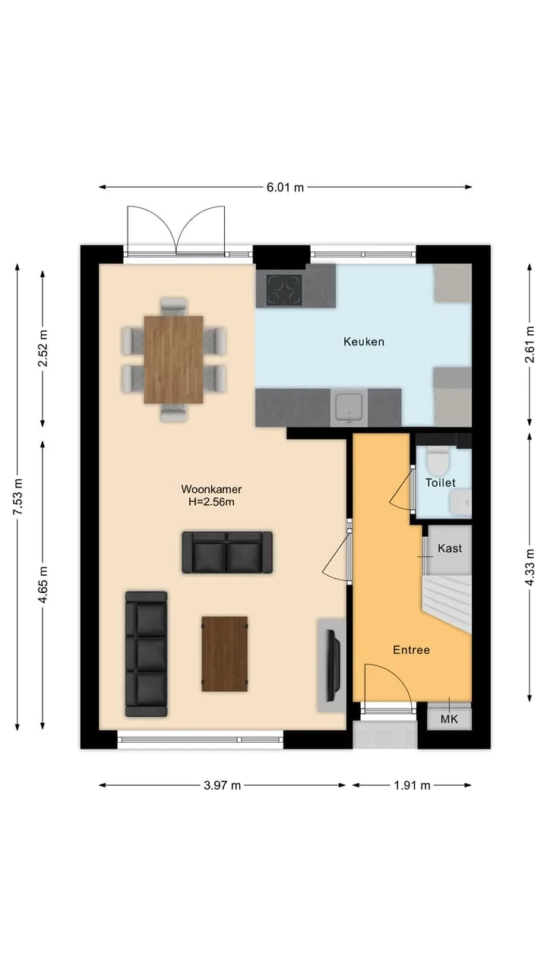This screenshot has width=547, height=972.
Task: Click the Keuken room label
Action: tap(364, 342)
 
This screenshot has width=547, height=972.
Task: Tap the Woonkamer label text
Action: tap(211, 489)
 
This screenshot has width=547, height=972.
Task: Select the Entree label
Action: tap(411, 649)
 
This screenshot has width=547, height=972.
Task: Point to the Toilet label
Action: tap(440, 482)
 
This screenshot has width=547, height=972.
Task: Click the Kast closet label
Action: tap(450, 548)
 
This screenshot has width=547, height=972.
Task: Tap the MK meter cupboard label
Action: tap(449, 719)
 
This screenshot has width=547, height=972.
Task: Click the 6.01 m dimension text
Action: tap(285, 188)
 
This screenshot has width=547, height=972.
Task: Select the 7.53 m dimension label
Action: tap(17, 497)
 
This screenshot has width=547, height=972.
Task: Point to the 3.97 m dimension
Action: tap(223, 785)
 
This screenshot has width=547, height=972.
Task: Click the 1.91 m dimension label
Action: tap(412, 785)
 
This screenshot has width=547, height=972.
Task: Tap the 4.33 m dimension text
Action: tap(530, 567)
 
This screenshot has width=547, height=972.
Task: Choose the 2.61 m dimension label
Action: tap(530, 345)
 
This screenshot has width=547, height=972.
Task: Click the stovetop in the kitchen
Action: tap(284, 289)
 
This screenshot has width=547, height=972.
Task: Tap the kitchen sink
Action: tap(349, 408)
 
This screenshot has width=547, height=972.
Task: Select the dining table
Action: tap(174, 360)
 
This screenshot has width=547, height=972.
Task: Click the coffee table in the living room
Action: tap(225, 654)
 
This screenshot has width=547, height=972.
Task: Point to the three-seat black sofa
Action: tap(147, 654)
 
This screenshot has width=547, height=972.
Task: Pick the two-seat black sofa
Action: tap(227, 552)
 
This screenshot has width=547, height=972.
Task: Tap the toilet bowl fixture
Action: tap(437, 461)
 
